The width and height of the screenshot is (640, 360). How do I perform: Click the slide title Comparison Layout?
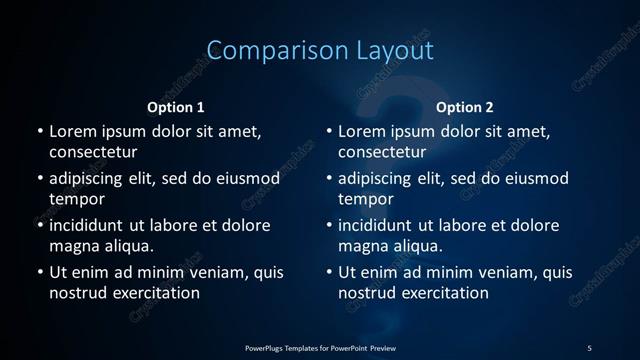[320, 51]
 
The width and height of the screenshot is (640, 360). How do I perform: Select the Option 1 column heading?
[176, 107]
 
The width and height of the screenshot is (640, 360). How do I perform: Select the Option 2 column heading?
[465, 107]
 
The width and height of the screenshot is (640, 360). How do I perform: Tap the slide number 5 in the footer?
[589, 347]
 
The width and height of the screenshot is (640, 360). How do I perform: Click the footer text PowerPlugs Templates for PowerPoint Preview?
[320, 347]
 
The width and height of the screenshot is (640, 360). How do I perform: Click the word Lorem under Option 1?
[72, 132]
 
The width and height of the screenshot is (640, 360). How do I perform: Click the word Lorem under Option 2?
[362, 132]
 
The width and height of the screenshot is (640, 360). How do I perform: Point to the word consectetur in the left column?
[93, 153]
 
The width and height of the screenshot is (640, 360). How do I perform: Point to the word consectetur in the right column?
[383, 153]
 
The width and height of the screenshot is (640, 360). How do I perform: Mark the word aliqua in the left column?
[127, 246]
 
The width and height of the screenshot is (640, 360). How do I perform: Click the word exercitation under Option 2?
[440, 293]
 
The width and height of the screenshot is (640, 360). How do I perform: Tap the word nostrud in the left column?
[76, 293]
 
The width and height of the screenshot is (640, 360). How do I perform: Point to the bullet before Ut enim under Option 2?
[330, 272]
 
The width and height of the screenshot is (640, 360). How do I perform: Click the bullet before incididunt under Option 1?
[40, 225]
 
